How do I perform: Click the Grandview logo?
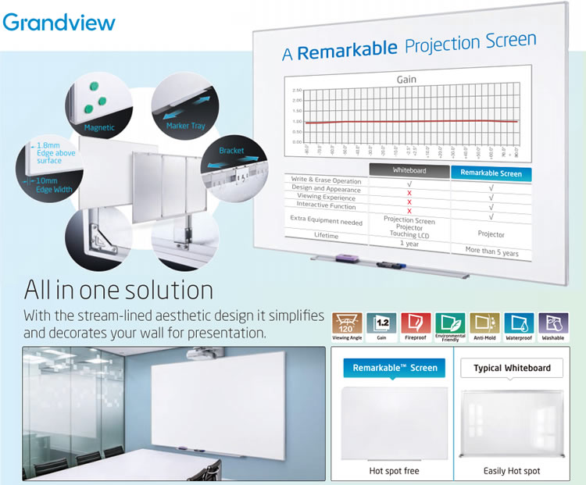(x=59, y=20)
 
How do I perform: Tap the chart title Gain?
(x=406, y=80)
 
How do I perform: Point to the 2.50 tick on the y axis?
(x=297, y=91)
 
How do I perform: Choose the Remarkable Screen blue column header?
(x=491, y=173)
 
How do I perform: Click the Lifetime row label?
(x=327, y=234)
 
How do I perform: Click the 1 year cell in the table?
(x=409, y=244)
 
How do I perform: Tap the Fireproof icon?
(x=416, y=325)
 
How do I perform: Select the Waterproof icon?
(x=519, y=325)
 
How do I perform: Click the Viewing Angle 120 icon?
(x=347, y=325)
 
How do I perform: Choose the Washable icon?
(x=553, y=325)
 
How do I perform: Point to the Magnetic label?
(x=99, y=127)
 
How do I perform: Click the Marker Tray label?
(x=184, y=125)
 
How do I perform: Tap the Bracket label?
(x=231, y=150)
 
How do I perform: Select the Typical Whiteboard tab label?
(x=512, y=368)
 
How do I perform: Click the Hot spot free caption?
(x=395, y=471)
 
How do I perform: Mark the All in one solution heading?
(x=119, y=290)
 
